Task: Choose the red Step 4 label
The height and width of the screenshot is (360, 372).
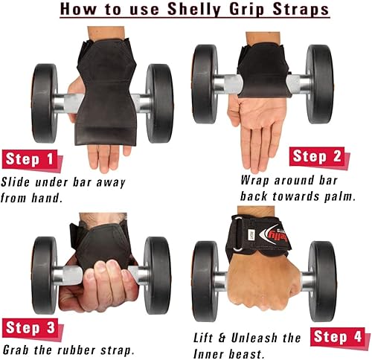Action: pyautogui.click(x=339, y=335)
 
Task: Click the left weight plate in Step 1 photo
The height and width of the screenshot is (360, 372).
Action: pyautogui.click(x=43, y=101)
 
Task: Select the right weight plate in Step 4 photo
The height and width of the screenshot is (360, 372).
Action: pyautogui.click(x=322, y=271)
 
